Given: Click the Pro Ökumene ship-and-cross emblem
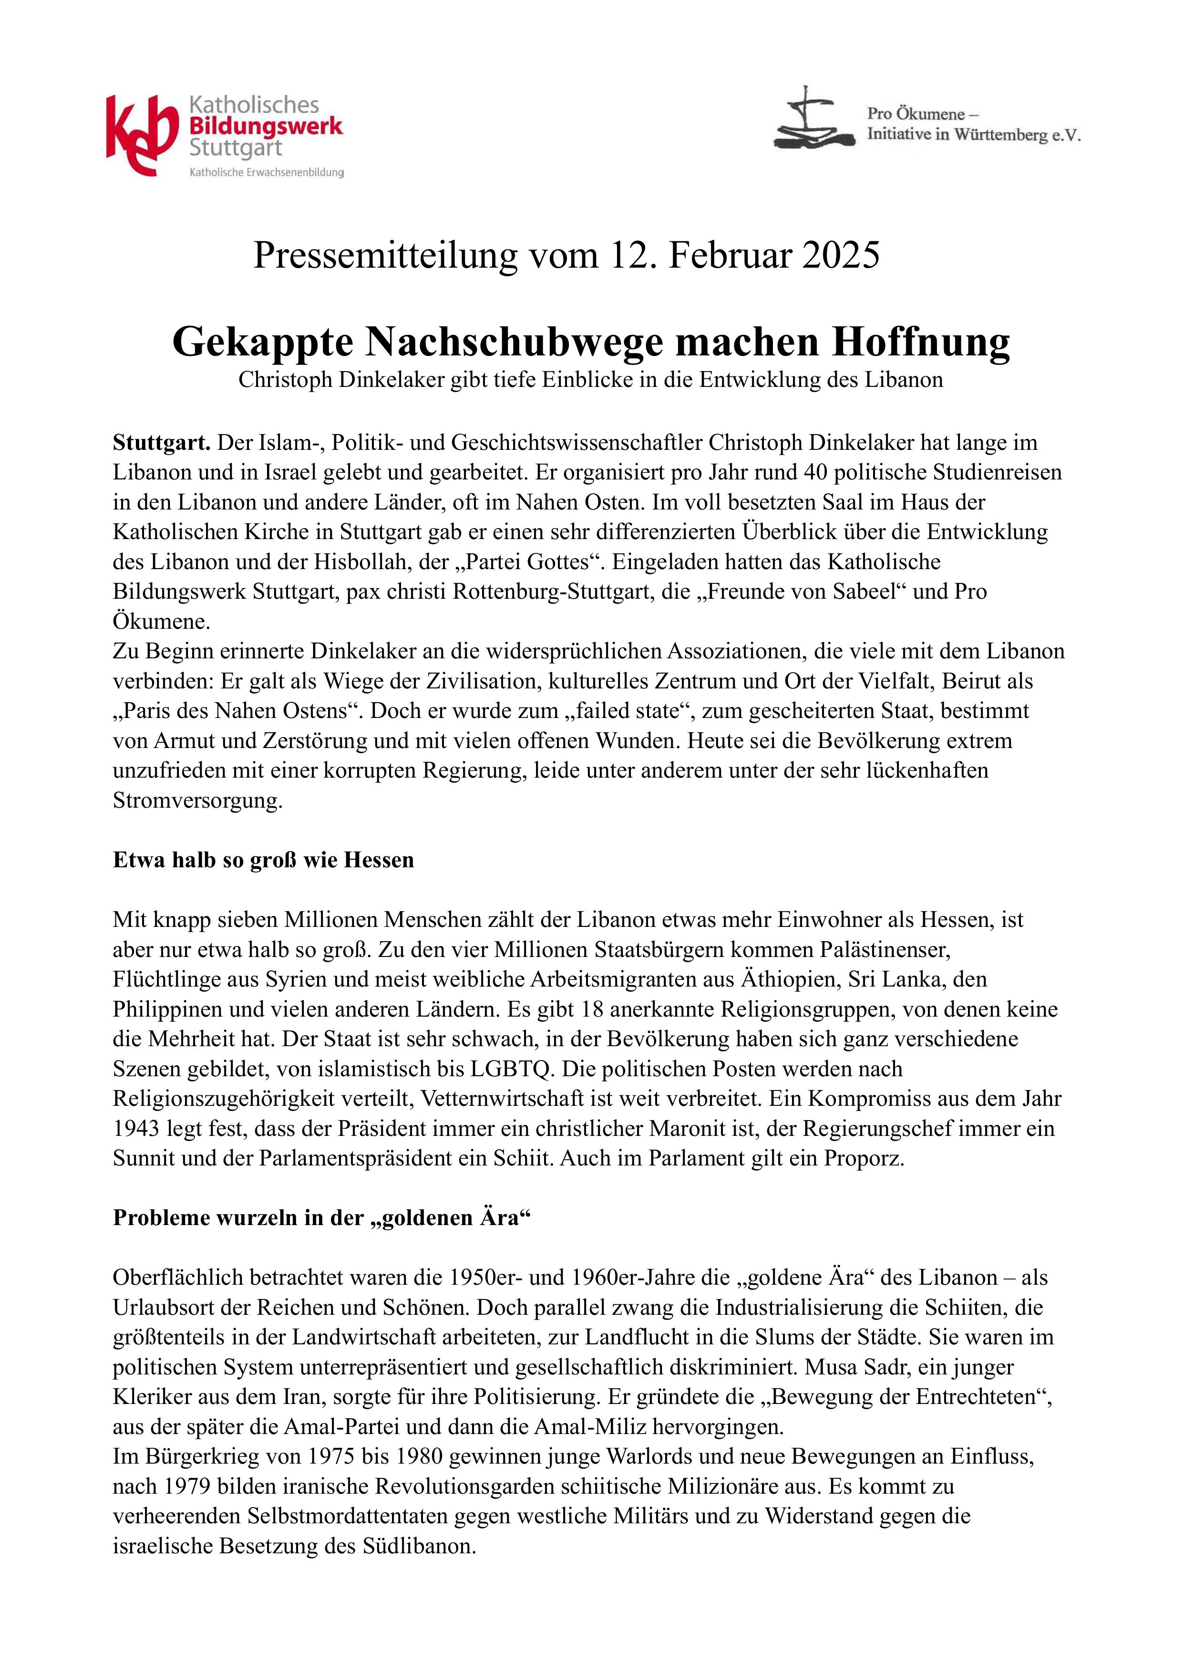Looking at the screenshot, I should pyautogui.click(x=813, y=120).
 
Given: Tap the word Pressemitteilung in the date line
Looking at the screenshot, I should pyautogui.click(x=384, y=256).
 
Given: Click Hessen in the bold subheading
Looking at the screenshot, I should pyautogui.click(x=378, y=860).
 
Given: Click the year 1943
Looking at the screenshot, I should pyautogui.click(x=136, y=1129).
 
